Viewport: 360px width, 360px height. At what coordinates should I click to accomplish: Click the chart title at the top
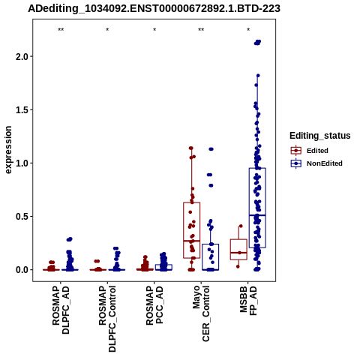click(154, 9)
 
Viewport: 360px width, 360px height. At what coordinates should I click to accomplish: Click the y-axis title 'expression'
click(8, 150)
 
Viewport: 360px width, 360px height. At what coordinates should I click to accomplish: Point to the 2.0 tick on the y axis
click(22, 56)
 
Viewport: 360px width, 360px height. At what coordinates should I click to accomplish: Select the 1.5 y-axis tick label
click(22, 110)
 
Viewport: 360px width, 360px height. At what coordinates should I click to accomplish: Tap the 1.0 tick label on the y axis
click(22, 163)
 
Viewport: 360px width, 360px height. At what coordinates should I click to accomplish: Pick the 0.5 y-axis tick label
click(22, 217)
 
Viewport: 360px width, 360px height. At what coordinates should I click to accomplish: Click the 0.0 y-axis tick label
click(22, 270)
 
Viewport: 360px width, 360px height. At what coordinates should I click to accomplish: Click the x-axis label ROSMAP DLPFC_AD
click(61, 310)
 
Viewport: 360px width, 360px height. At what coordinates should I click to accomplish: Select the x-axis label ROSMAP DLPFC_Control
click(107, 319)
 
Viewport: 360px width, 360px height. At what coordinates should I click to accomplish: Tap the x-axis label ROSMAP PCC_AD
click(154, 306)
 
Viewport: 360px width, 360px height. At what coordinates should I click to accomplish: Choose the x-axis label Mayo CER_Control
click(201, 313)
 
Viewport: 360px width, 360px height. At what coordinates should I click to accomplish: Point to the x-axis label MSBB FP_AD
click(248, 301)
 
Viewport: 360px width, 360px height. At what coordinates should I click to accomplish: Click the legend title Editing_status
click(320, 136)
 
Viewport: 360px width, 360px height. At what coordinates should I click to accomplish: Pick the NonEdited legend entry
click(316, 163)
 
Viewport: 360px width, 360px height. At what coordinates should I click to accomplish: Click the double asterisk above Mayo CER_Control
click(201, 30)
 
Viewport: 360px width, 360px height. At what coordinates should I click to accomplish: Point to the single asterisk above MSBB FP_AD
click(248, 30)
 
